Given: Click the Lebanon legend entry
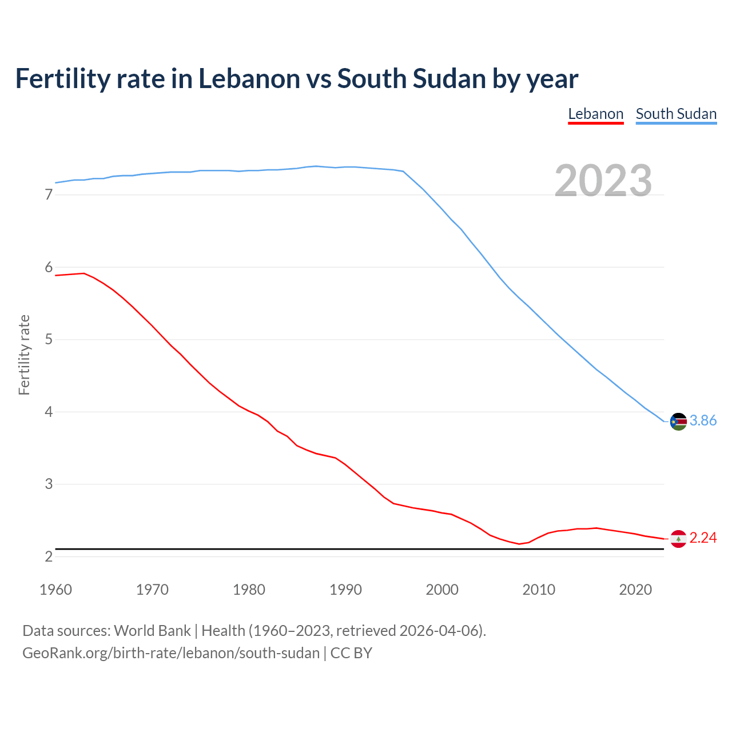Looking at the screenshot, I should pos(595,114).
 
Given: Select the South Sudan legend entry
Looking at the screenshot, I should pos(676,114).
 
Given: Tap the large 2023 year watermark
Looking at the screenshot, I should pos(603,181).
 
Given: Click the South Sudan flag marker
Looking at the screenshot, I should pos(678,421).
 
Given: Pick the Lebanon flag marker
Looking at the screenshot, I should pos(678,539).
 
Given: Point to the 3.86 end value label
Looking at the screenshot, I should pos(703,421).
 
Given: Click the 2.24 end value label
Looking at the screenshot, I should pos(703,538).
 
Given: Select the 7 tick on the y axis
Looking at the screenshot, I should pos(49,195).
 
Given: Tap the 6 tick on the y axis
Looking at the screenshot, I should pos(49,268).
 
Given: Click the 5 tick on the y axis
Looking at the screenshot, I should pos(49,340).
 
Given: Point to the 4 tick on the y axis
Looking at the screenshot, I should pos(49,412).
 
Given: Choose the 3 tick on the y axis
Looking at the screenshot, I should pos(49,484).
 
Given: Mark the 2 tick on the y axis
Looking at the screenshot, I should pos(49,556).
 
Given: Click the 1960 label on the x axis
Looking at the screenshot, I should pos(55,590).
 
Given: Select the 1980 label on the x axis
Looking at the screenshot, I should pos(249,590).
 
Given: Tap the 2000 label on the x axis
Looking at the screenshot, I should pos(442,590).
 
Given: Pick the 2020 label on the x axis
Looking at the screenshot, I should pos(635,590).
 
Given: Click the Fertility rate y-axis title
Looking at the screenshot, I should pos(24,355).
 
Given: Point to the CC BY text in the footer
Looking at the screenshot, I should pos(351,653).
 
